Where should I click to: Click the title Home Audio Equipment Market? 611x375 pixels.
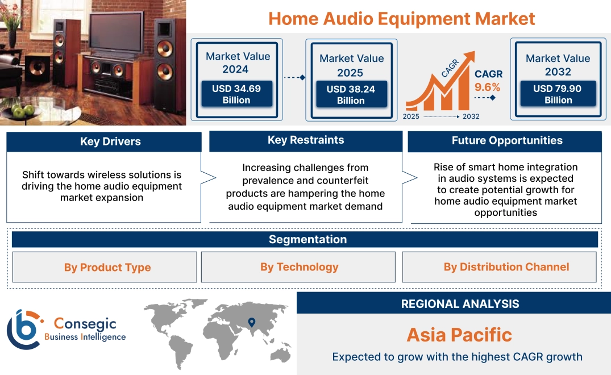tap(401, 18)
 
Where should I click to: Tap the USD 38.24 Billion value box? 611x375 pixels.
tap(351, 95)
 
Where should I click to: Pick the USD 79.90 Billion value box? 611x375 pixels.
tap(558, 94)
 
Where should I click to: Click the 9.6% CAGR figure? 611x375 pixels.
tap(488, 87)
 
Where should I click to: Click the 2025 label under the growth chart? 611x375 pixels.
tap(412, 116)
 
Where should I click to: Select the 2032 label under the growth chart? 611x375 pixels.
tap(471, 116)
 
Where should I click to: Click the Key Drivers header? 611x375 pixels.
tap(110, 141)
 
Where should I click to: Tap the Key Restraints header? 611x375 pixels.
tap(306, 140)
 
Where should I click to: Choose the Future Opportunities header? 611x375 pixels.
tap(506, 140)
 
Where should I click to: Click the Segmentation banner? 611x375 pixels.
tap(307, 239)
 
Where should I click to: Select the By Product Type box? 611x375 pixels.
tap(107, 267)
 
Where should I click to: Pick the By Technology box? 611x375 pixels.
tap(299, 266)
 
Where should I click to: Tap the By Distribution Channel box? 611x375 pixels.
tap(506, 266)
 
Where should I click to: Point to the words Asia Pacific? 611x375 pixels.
tap(459, 335)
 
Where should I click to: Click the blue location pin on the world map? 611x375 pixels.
tap(251, 323)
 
